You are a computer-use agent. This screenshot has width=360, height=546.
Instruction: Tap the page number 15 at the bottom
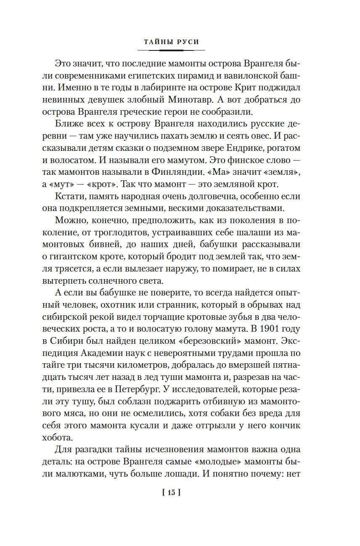tap(171, 493)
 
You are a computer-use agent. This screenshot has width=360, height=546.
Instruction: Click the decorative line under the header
tap(171, 50)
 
